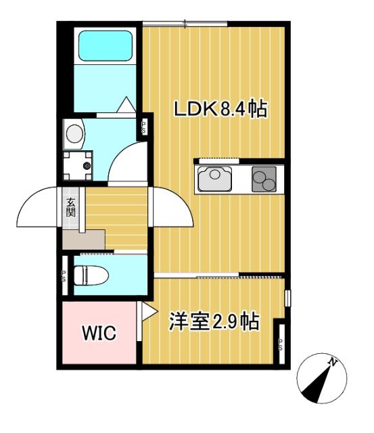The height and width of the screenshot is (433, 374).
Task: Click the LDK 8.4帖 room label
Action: coord(219,110)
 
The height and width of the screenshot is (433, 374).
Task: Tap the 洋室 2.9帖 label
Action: coord(214,322)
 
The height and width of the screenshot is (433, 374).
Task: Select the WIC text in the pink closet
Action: coord(99,334)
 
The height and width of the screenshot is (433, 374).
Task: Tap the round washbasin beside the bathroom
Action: coord(74,132)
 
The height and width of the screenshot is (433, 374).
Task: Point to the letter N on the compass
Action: coord(333,364)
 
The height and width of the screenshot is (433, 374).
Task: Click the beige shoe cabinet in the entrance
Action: coord(83,239)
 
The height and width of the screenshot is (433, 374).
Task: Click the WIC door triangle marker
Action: coord(148,311)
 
